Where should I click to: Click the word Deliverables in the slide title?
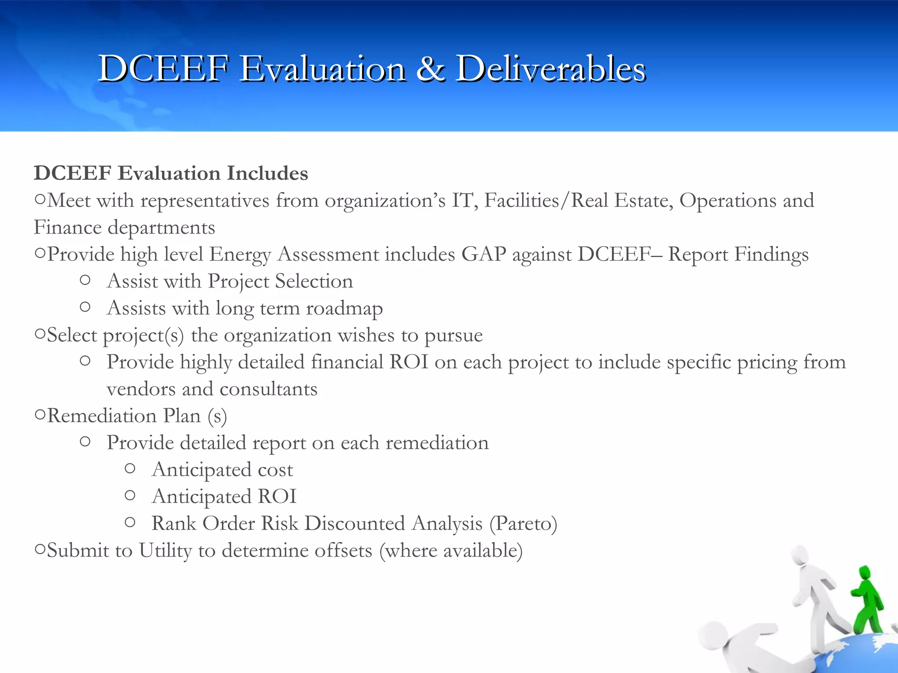click(551, 69)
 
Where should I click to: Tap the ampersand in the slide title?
click(431, 69)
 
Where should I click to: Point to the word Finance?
click(68, 227)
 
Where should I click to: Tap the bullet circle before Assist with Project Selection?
click(86, 280)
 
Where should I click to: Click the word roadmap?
click(344, 308)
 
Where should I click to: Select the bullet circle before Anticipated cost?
click(130, 469)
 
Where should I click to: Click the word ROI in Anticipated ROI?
click(277, 496)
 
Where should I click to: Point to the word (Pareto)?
click(523, 524)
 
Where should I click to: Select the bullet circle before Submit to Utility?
click(40, 549)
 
